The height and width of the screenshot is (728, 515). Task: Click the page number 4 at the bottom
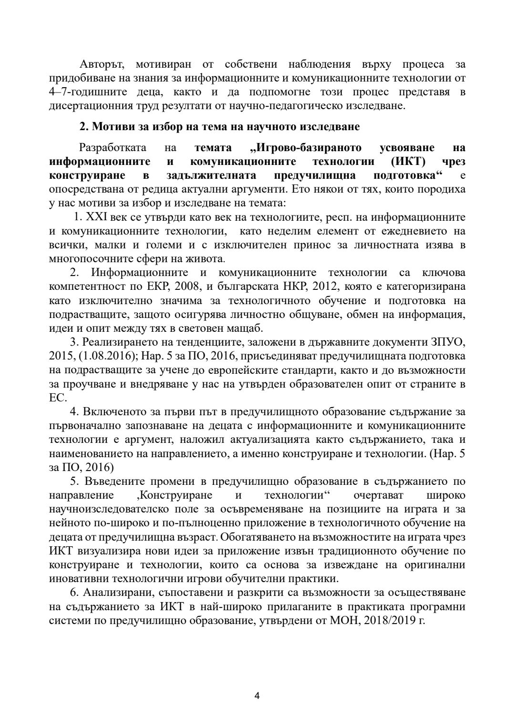click(x=257, y=696)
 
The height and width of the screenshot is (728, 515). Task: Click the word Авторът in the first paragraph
click(x=102, y=64)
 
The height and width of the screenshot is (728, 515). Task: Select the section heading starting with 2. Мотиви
click(x=219, y=127)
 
